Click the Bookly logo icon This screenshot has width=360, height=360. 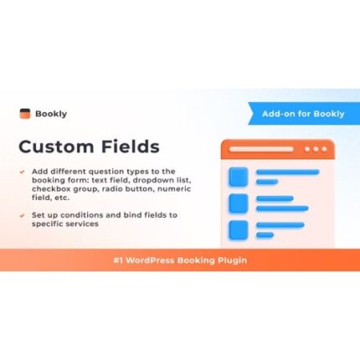(26, 113)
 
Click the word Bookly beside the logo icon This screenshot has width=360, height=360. (49, 113)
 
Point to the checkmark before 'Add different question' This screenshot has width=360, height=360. (23, 172)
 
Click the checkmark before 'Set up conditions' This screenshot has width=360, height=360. (23, 214)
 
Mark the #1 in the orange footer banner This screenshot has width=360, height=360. (119, 260)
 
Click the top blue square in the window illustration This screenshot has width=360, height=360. (239, 177)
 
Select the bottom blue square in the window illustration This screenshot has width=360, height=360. (239, 229)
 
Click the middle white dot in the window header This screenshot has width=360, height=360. (316, 150)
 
